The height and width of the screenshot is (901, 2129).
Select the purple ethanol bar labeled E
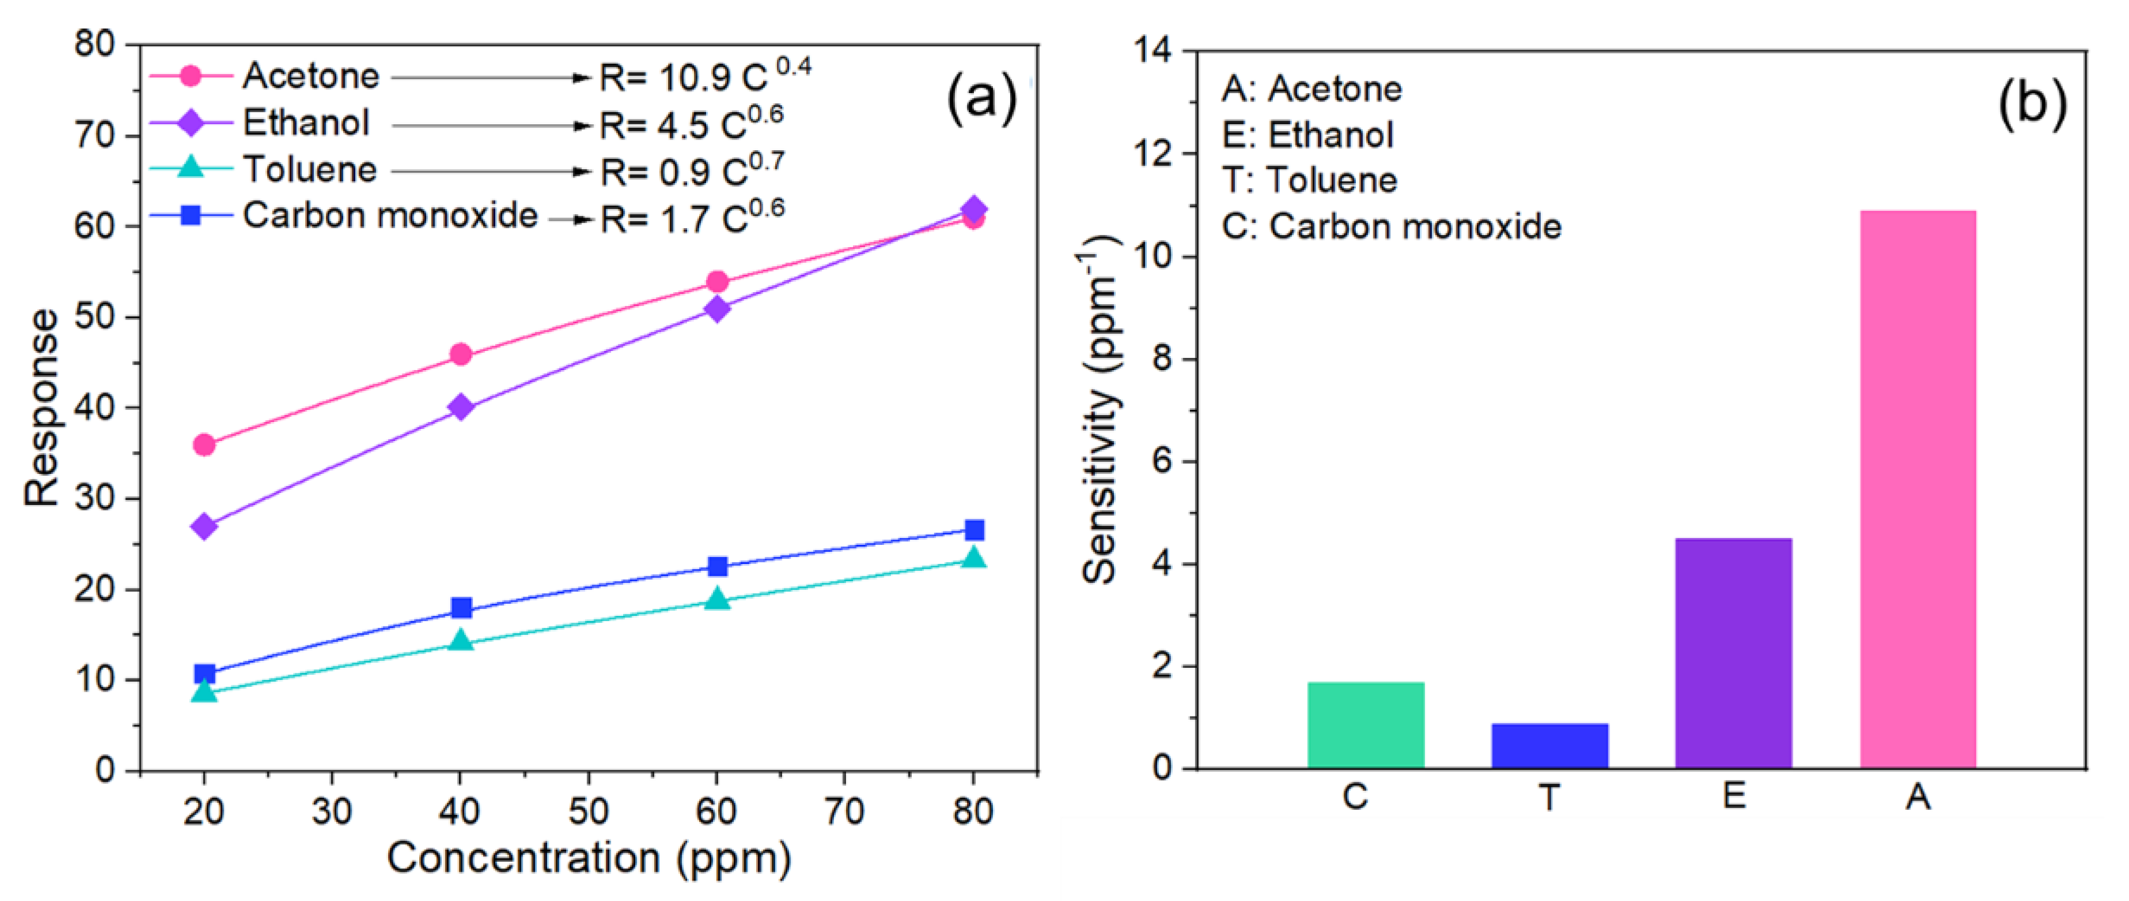click(x=1733, y=653)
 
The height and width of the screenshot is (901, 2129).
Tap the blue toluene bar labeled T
click(x=1550, y=746)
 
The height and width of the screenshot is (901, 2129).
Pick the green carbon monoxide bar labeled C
click(x=1365, y=725)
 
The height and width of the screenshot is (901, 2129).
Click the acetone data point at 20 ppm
click(x=204, y=445)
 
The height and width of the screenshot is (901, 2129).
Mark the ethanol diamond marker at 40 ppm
click(x=460, y=407)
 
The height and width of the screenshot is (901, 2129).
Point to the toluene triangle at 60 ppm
click(x=717, y=599)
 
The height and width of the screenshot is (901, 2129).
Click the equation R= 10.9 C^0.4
click(x=704, y=77)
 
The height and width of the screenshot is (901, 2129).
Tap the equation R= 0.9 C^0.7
click(x=692, y=171)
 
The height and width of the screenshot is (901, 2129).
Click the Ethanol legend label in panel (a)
click(x=306, y=123)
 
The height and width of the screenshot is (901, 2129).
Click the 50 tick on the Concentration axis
click(x=588, y=811)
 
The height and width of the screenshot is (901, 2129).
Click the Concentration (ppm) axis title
click(x=588, y=858)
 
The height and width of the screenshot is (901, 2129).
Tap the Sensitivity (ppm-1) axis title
click(x=1100, y=409)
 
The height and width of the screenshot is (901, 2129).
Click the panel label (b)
click(x=2032, y=103)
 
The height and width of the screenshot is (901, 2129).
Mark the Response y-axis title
click(x=41, y=407)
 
